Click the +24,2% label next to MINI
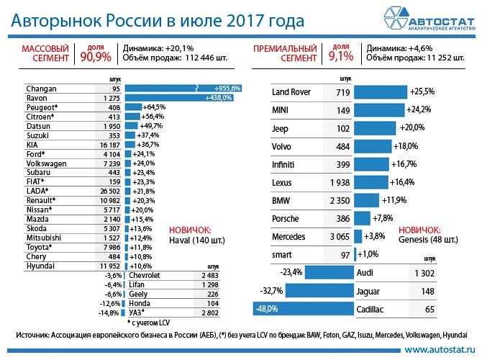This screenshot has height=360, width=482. point(420,110)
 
